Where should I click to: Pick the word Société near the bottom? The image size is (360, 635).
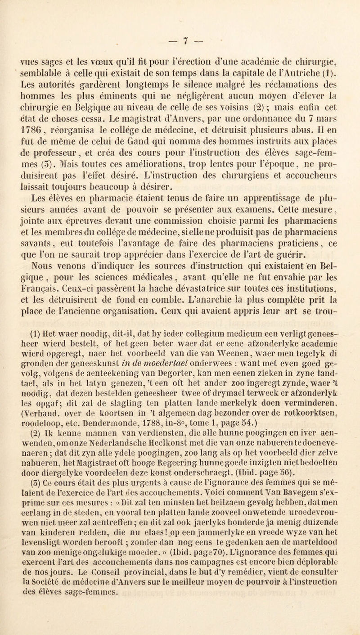[58, 613]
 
